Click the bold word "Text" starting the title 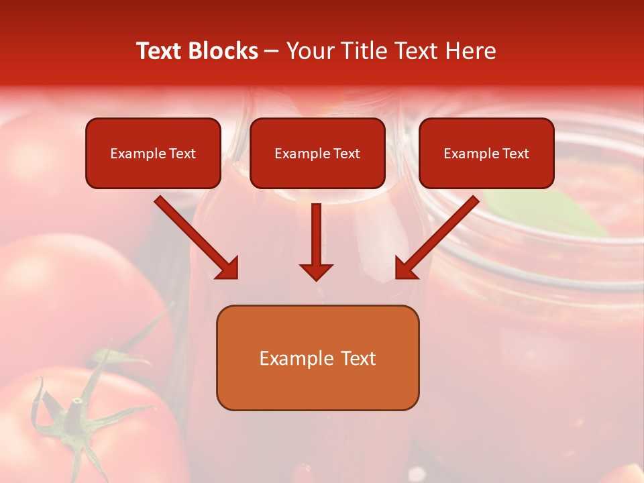click(x=160, y=51)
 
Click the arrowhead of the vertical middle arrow click(x=316, y=272)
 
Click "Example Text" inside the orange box click(x=317, y=358)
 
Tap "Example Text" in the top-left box click(x=153, y=154)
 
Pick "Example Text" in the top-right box click(x=486, y=154)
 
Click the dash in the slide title click(x=272, y=52)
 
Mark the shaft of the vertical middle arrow click(x=316, y=231)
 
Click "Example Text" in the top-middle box click(x=317, y=154)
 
